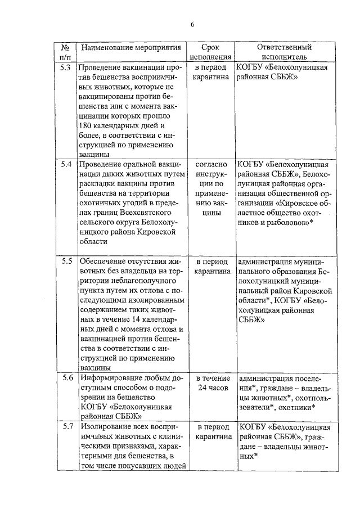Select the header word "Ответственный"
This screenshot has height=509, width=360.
pyautogui.click(x=284, y=47)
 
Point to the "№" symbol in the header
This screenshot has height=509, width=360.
pyautogui.click(x=65, y=47)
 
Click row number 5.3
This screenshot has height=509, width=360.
pyautogui.click(x=65, y=67)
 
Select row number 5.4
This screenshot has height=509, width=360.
pyautogui.click(x=65, y=164)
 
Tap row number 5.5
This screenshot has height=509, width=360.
pyautogui.click(x=65, y=262)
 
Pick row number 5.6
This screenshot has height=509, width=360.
pyautogui.click(x=65, y=377)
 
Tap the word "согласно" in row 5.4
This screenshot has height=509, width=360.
pyautogui.click(x=211, y=164)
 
